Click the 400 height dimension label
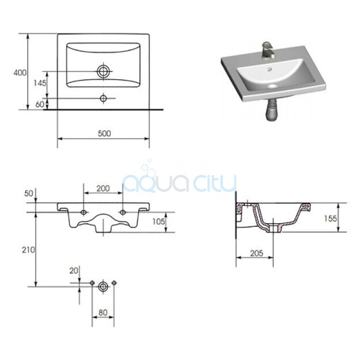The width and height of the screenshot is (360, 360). [x=20, y=73]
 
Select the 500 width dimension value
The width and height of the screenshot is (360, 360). [x=104, y=133]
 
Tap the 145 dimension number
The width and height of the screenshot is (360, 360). [x=40, y=83]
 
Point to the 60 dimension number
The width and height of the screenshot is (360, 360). [x=40, y=104]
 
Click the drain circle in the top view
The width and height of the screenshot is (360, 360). [x=104, y=71]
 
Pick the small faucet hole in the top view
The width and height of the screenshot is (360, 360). [x=104, y=98]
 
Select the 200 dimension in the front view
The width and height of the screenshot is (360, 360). [x=103, y=189]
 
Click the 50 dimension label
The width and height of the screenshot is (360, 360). [x=29, y=193]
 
